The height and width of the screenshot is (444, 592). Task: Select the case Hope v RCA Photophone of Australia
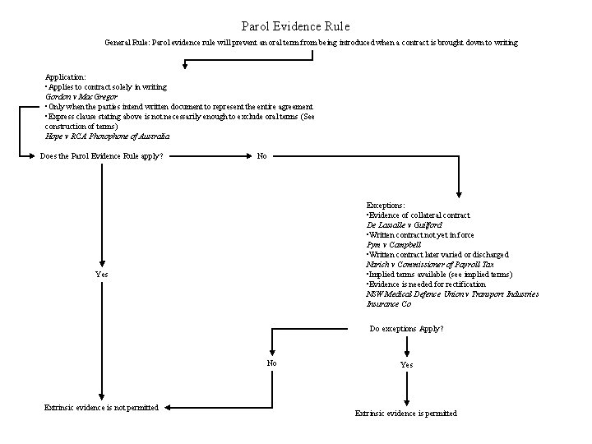click(107, 136)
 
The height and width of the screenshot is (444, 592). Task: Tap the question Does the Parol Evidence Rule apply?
click(101, 156)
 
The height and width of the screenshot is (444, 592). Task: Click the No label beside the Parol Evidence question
click(261, 156)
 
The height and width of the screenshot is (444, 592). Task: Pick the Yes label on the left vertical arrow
click(100, 274)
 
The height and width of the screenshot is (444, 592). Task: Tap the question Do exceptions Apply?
click(406, 329)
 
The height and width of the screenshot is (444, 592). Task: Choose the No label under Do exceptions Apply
click(271, 363)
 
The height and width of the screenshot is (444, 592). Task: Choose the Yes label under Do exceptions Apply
click(407, 364)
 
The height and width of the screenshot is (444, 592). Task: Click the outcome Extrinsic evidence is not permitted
click(101, 408)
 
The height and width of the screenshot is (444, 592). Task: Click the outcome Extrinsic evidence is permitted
click(405, 413)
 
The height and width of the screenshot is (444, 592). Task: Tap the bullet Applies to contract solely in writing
click(106, 86)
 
